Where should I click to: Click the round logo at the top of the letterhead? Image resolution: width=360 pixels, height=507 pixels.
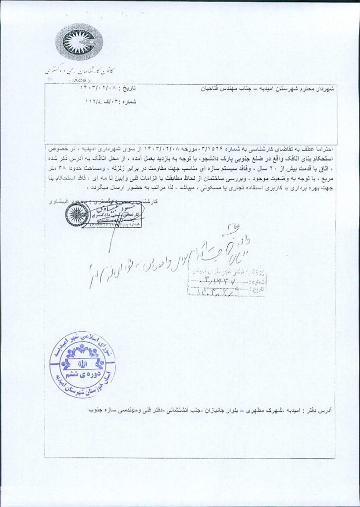click(x=79, y=42)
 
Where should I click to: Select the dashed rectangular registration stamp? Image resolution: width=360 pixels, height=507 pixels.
click(x=226, y=282)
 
